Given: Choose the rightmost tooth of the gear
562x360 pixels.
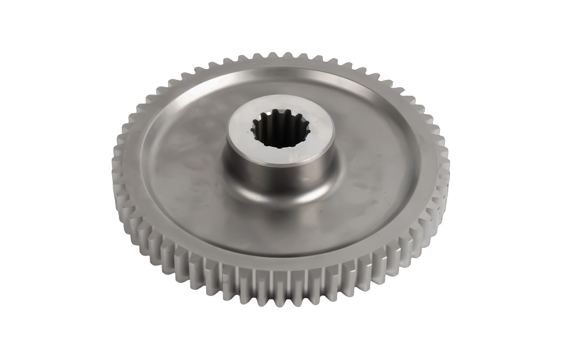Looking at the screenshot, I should click(446, 167).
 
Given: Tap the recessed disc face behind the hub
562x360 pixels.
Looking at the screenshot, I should click(283, 88).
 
